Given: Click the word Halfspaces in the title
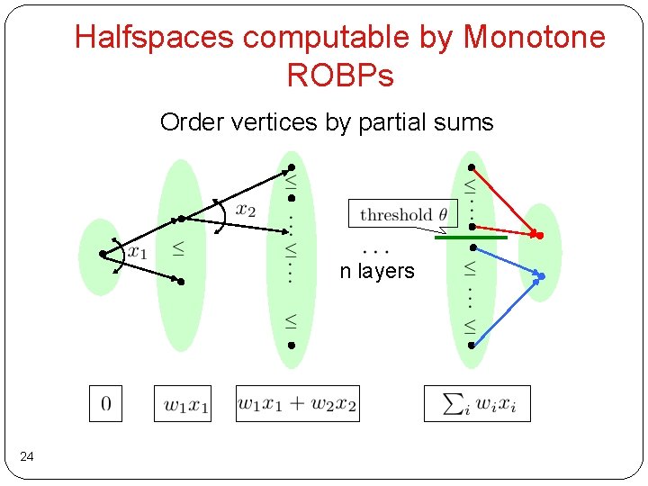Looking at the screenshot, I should point(154,37).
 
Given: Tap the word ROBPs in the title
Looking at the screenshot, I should point(340,76).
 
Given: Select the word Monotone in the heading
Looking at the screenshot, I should point(534,37).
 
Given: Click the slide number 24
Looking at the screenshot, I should point(27,458).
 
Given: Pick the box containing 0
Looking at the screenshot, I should point(105,403).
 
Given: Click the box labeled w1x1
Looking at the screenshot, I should point(183,403).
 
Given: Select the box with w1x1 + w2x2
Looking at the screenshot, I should point(297,403).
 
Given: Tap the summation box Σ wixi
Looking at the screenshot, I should point(477,403).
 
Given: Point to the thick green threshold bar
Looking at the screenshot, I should point(471,237).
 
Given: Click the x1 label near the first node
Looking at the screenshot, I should point(137,251).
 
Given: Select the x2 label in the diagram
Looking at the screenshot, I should point(246,209).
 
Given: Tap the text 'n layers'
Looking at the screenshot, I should point(377,271).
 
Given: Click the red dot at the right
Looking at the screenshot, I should point(540,235).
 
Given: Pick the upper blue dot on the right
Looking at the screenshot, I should point(542,275).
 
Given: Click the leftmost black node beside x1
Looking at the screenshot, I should point(103,255).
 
